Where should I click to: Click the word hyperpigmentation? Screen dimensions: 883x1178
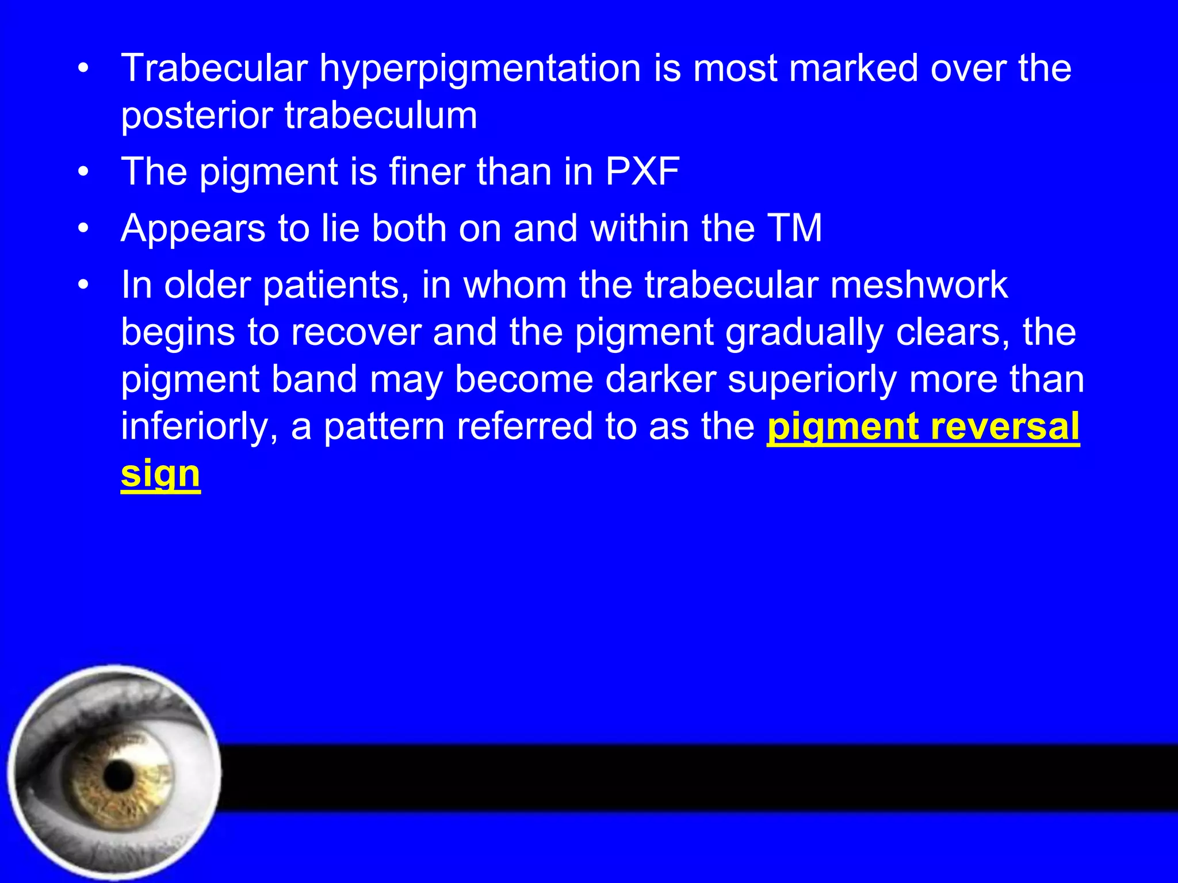click(480, 69)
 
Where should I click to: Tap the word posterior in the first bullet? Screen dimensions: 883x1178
click(196, 116)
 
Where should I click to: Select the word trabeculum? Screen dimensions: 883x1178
click(381, 115)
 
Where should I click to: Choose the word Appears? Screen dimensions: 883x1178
click(193, 229)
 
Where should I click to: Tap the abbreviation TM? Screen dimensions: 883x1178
click(795, 228)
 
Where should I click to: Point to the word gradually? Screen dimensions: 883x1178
click(805, 333)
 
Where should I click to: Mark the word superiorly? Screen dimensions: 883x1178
click(812, 380)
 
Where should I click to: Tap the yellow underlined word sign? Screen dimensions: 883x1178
click(160, 474)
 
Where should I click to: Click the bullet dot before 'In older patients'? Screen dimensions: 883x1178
click(84, 285)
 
